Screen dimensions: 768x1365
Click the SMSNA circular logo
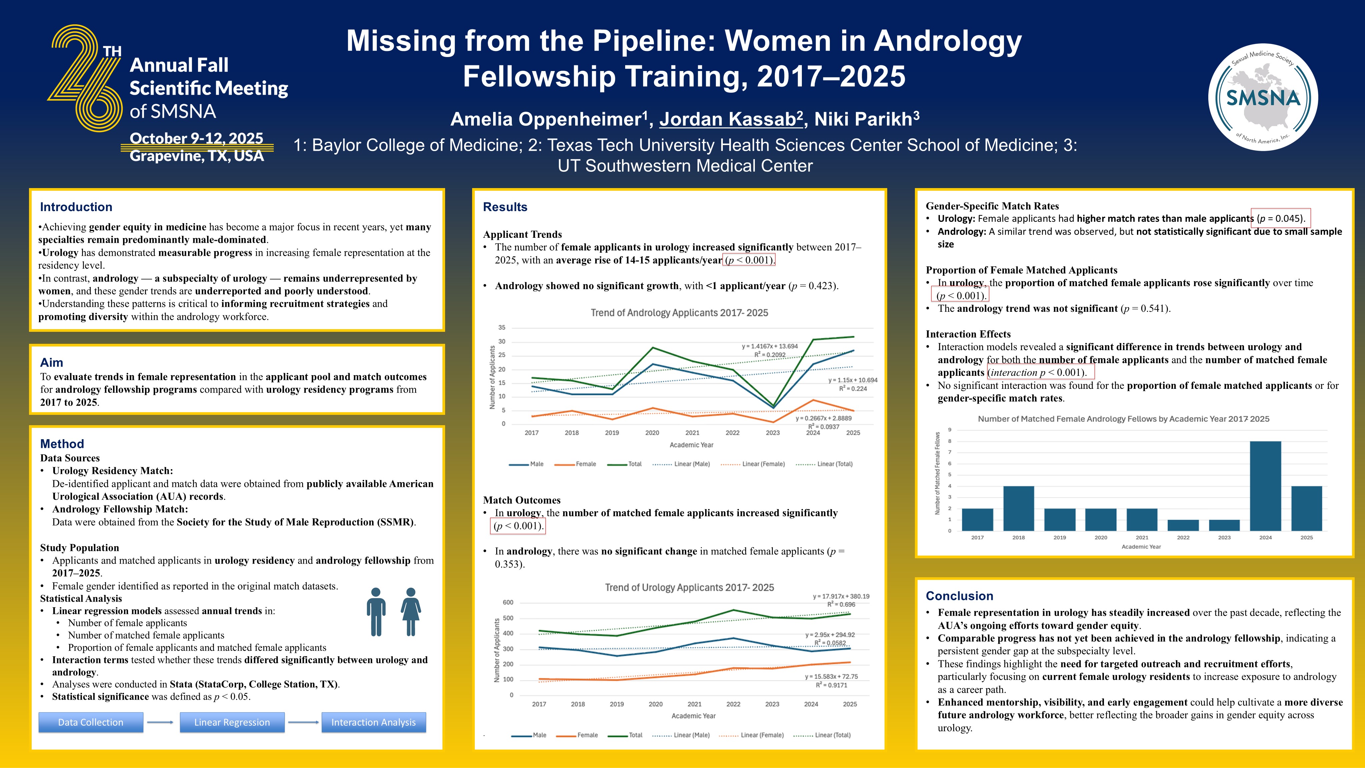(1263, 97)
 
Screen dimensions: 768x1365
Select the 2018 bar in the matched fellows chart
(1019, 508)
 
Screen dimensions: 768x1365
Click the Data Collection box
(91, 722)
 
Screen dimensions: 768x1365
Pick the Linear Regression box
(232, 722)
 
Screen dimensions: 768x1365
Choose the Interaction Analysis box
(373, 722)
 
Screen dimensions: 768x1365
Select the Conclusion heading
(959, 596)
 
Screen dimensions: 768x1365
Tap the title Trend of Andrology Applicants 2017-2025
(679, 313)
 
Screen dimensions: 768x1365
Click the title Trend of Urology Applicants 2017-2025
(690, 587)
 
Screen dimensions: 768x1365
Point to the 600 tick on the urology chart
(508, 602)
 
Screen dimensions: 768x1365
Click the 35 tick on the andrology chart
(501, 327)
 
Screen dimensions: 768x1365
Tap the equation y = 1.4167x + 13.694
(770, 346)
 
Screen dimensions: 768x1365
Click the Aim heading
(51, 362)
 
